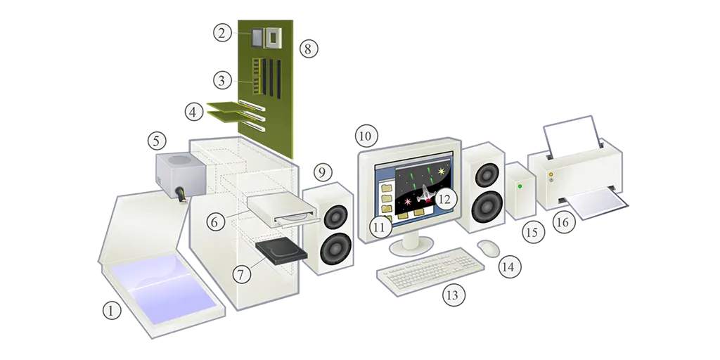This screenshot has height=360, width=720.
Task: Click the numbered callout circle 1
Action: coord(111,311)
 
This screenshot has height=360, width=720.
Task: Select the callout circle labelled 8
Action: coord(308,49)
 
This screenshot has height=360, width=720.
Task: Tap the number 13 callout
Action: coord(454,295)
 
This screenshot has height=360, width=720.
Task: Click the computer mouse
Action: coord(488,248)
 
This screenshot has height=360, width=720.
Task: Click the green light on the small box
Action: coord(520,186)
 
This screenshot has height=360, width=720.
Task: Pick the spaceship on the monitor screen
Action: coord(425,194)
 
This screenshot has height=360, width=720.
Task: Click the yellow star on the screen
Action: coord(442,172)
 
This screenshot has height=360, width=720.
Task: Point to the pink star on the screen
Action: coord(407,200)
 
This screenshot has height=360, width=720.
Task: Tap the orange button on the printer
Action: coord(551,174)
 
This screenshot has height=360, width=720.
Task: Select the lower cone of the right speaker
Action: coord(487,207)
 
